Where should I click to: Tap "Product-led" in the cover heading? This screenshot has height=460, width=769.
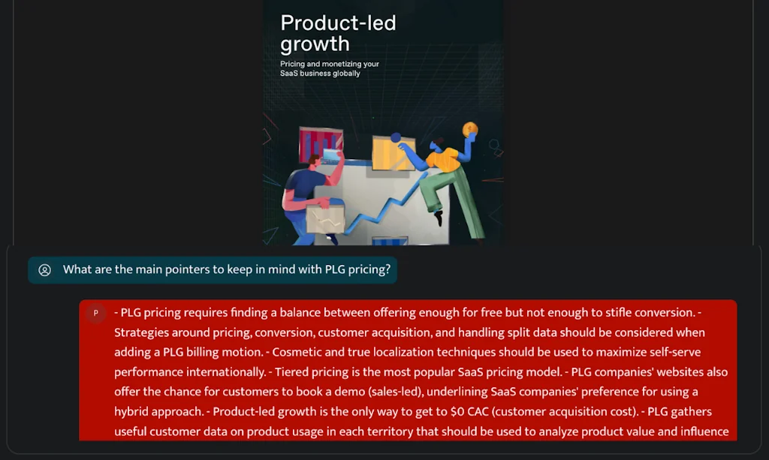(338, 23)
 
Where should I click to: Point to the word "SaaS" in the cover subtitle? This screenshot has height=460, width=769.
(289, 74)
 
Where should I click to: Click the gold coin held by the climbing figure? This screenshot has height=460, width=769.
(470, 130)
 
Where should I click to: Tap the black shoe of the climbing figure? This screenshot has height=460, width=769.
(439, 218)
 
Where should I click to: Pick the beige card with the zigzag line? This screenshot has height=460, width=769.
(324, 220)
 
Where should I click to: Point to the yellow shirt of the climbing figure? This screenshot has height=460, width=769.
(443, 158)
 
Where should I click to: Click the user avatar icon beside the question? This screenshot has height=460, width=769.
(45, 270)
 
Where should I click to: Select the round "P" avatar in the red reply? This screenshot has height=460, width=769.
(95, 313)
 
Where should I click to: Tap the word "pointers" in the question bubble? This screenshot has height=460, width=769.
(185, 269)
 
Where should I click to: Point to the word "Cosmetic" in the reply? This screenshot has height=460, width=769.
(299, 351)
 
